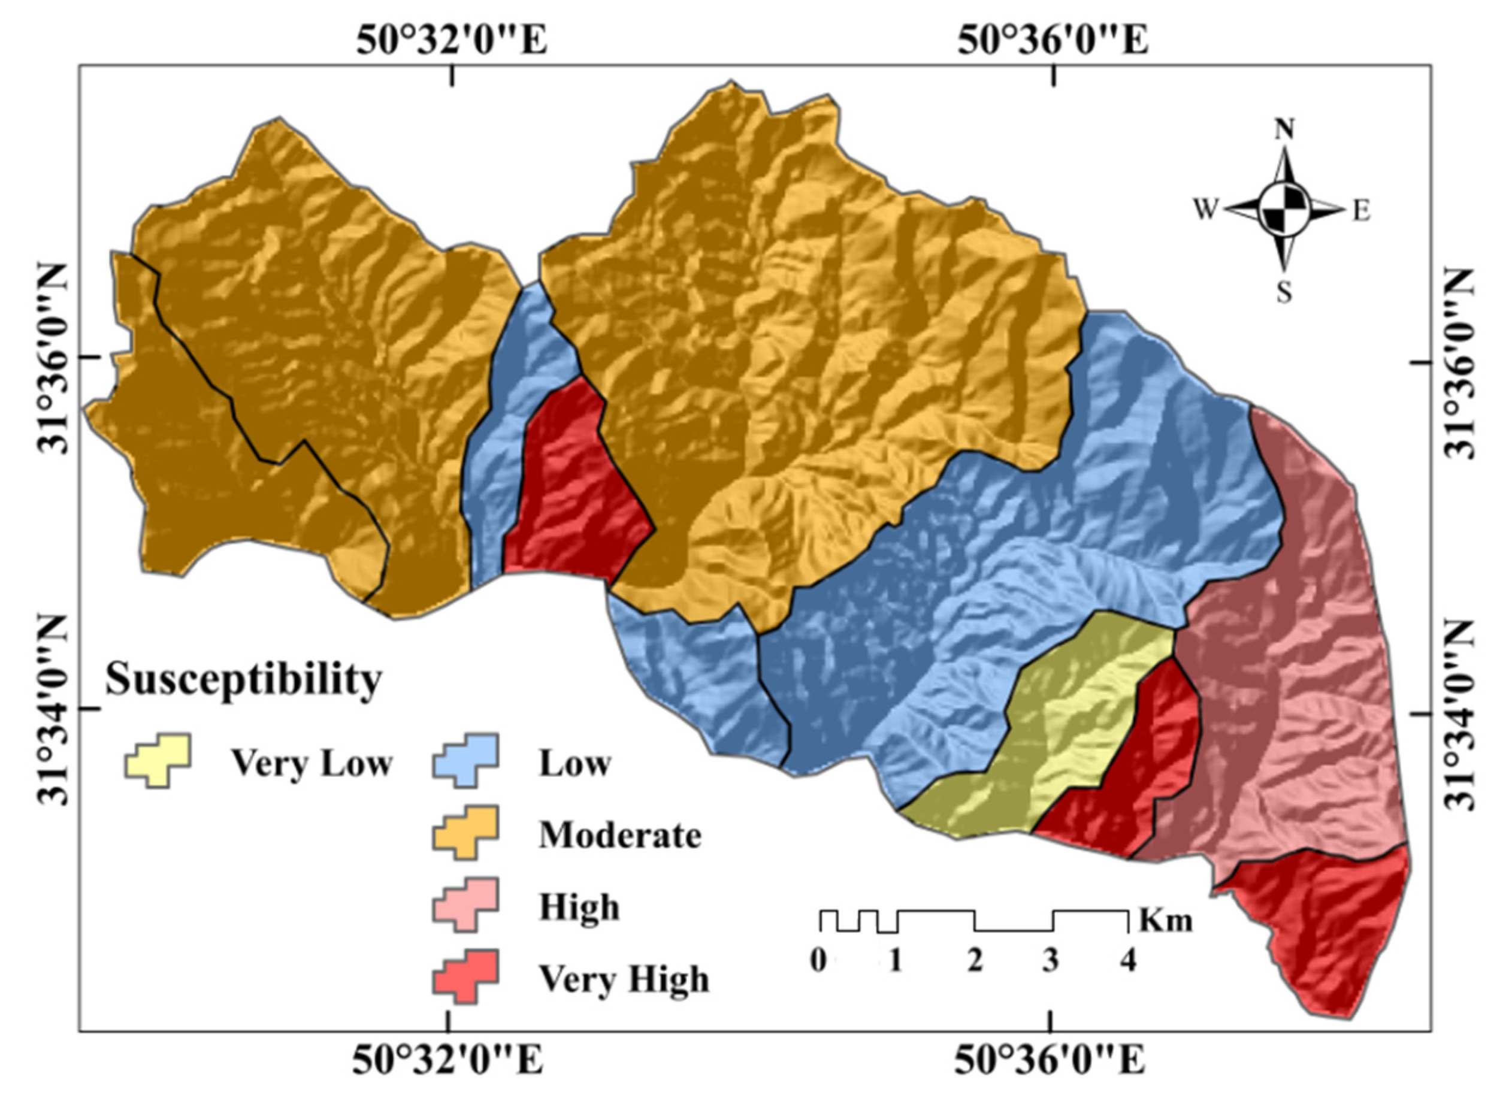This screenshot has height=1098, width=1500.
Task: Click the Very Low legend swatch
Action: pos(158,760)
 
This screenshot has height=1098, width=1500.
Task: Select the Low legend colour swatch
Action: pos(465,760)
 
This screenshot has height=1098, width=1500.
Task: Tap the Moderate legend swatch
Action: pos(465,832)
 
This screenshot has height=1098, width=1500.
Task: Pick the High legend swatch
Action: pos(465,904)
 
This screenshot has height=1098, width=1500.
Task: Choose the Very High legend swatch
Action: pos(465,976)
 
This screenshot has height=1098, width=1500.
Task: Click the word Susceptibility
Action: pos(243,679)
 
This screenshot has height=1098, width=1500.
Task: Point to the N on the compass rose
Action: pos(1283,129)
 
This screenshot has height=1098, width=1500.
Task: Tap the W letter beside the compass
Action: pos(1204,211)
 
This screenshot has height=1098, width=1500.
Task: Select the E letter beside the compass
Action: pos(1361,212)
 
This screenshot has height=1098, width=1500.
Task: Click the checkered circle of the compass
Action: pos(1284,210)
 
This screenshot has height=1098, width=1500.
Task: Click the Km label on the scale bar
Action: pos(1166,921)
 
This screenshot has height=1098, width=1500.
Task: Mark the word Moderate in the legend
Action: pos(619,835)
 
